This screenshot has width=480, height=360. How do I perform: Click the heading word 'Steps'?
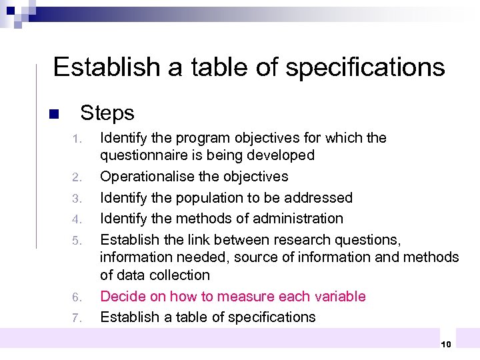tap(107, 113)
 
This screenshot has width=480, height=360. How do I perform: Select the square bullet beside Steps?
tap(54, 114)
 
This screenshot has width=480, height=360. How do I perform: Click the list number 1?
tap(77, 139)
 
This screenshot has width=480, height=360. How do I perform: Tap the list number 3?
tap(77, 199)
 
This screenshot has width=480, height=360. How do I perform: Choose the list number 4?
tap(77, 219)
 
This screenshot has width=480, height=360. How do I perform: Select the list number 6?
tap(77, 297)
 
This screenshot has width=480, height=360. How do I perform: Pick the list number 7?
tap(77, 318)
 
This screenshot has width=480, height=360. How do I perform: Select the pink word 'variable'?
tap(341, 296)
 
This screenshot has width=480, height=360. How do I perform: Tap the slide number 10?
tap(446, 343)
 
